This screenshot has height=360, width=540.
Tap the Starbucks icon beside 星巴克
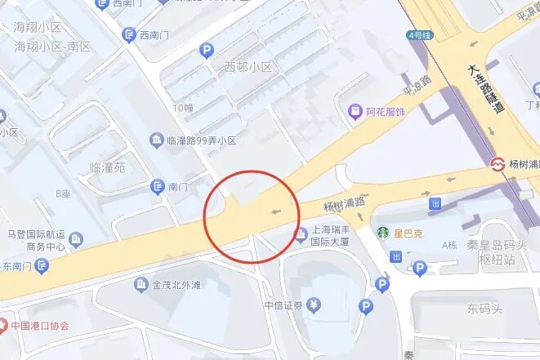[x=382, y=233]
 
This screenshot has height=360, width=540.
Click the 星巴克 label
[x=408, y=234]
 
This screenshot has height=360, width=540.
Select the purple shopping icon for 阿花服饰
[x=355, y=111]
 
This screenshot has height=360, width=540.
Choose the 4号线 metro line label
[x=418, y=36]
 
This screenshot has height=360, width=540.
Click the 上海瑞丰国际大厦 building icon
[x=299, y=236]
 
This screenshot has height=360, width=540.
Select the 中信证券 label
[x=283, y=305]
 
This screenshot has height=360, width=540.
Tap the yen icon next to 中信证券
[x=315, y=305]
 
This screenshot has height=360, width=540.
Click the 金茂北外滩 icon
[x=141, y=285]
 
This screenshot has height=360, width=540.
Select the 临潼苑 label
[x=107, y=167]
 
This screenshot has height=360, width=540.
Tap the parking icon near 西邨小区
[x=207, y=51]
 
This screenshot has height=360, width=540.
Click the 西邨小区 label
[x=248, y=67]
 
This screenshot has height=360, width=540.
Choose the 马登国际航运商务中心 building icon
[x=76, y=239]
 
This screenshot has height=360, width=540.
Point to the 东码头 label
[x=485, y=309]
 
